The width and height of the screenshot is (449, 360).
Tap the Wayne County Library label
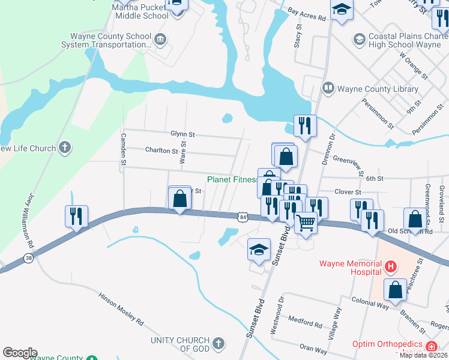point(378,89)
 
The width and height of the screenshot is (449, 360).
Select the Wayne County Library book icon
point(328,89)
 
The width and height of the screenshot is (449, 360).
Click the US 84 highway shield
point(242,216)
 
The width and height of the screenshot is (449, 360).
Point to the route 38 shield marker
point(28,259)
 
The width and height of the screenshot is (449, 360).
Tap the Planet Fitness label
point(232,179)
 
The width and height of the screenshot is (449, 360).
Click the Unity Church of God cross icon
point(218,344)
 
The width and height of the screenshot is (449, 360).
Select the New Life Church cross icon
point(65,148)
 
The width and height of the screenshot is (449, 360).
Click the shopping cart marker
point(306,222)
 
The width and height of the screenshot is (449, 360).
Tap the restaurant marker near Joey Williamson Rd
point(77,215)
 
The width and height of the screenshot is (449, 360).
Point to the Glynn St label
point(182,135)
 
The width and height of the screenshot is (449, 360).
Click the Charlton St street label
point(161,151)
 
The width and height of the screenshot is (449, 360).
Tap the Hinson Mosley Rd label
point(121,310)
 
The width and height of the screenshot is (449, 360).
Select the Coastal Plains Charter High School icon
point(359,40)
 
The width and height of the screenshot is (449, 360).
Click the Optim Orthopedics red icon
point(431,346)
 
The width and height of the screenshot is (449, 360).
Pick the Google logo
point(20,353)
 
